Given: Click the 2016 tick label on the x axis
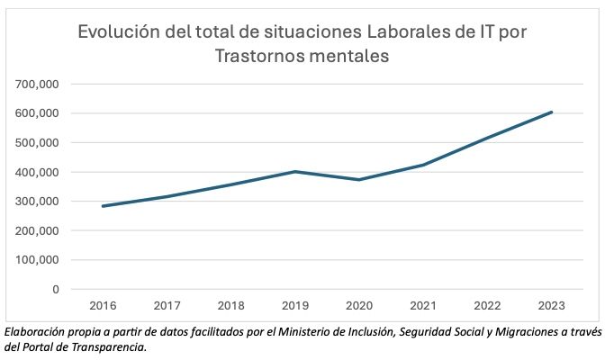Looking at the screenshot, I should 104,306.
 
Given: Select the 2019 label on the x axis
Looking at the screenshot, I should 295,306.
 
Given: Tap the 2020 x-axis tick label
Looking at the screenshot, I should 359,306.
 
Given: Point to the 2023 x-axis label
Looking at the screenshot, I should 551,306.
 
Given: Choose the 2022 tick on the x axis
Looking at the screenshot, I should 487,306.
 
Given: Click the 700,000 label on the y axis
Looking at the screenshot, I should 38,84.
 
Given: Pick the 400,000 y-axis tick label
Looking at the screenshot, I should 38,172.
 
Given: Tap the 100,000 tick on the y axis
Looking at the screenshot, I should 38,260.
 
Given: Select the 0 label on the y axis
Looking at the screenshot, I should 55,290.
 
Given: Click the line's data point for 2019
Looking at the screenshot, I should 295,171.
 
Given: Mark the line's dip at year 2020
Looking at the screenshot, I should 359,180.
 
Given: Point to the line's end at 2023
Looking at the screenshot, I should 551,112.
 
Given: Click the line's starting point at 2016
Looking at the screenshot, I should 104,206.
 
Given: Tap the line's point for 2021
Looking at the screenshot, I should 423,165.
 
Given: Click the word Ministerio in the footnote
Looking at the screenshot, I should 269,331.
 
